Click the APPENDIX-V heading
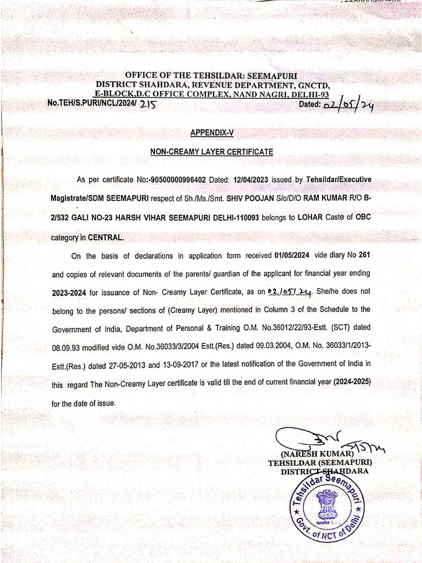[212, 133]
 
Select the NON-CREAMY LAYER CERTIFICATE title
[212, 151]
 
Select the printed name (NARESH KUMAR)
[315, 454]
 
